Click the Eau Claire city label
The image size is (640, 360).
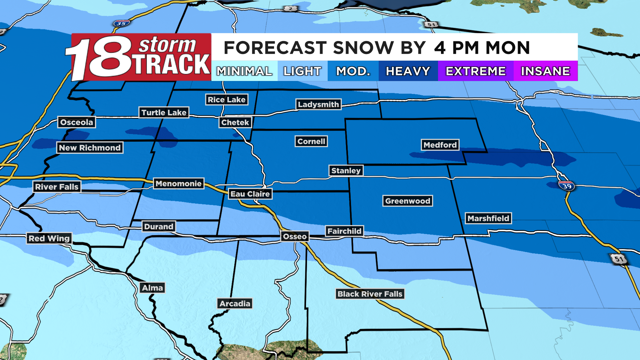[250, 194]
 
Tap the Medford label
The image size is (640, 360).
[440, 145]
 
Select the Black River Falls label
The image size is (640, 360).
[370, 294]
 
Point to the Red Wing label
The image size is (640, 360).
[49, 238]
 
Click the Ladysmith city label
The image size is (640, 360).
[318, 104]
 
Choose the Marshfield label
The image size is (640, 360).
[488, 218]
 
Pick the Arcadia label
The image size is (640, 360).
[235, 304]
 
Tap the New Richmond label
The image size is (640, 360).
[90, 148]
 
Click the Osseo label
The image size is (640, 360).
[295, 237]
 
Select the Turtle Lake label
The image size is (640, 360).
[164, 113]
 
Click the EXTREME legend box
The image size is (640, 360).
[476, 71]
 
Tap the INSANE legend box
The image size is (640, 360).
[545, 71]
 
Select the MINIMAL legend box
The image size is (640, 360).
[244, 71]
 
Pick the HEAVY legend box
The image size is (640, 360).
[408, 71]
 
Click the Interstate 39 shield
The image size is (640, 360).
[567, 186]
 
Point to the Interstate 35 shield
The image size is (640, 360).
[121, 24]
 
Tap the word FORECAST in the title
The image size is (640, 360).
[275, 48]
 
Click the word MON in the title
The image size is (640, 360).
[508, 48]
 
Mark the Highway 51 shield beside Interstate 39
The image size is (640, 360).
[619, 259]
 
